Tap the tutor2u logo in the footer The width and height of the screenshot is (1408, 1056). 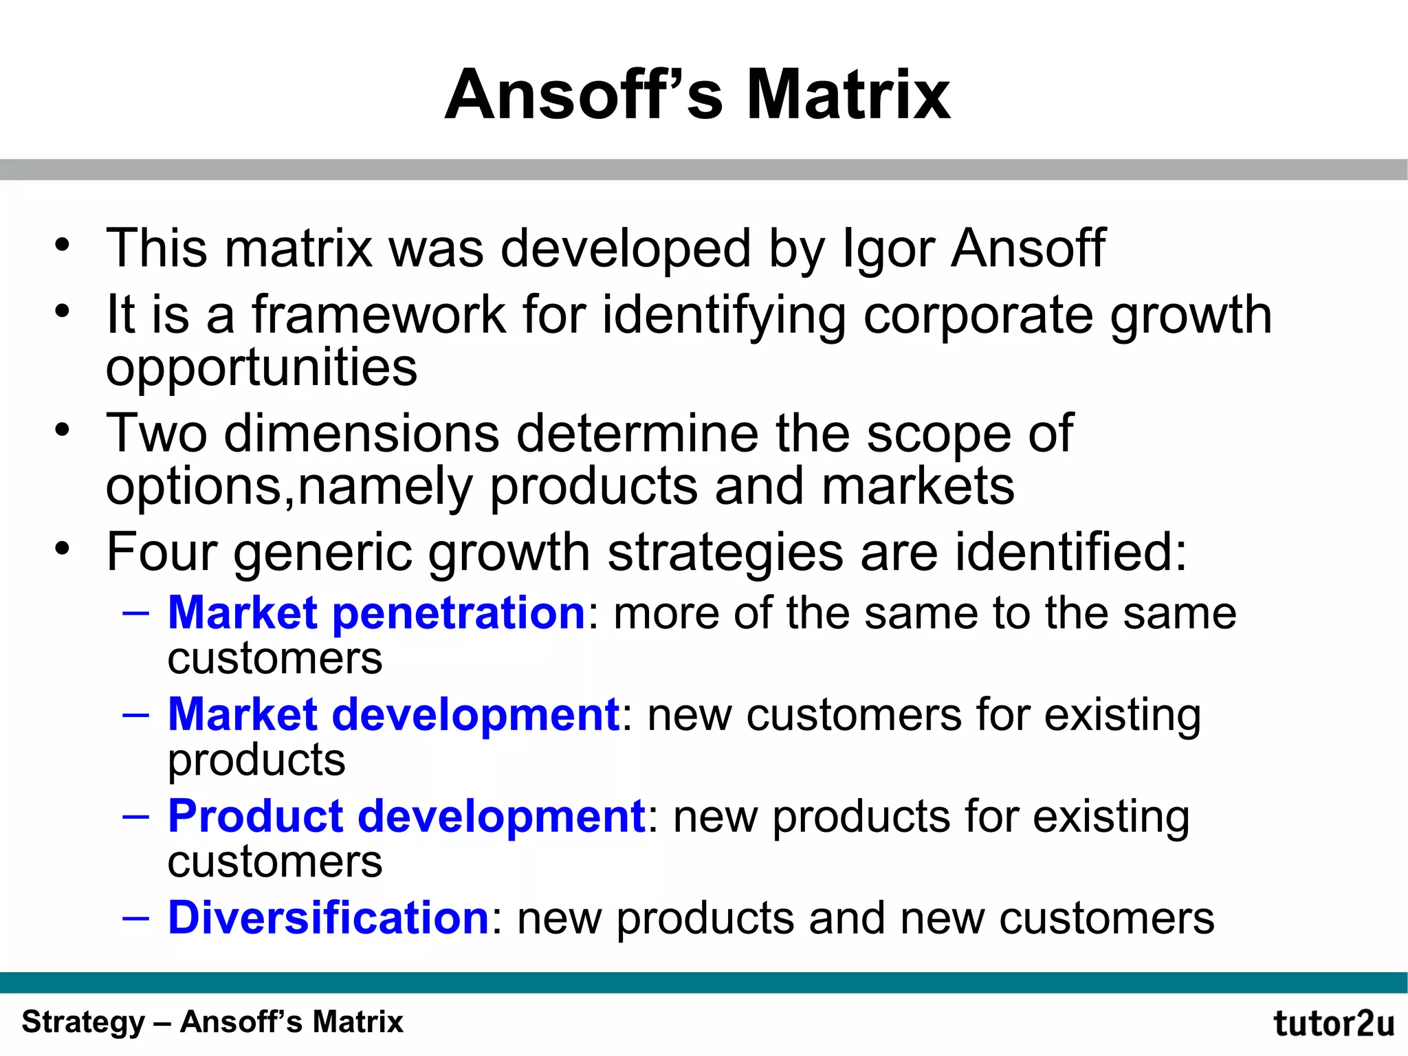coord(1334,1024)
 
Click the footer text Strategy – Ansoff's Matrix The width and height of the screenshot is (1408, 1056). coord(212,1022)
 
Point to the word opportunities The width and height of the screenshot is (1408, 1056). coord(261,368)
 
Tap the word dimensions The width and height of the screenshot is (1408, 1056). coord(361,434)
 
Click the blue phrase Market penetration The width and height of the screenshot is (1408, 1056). coord(376,613)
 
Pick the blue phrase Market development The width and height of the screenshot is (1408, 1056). coord(394,714)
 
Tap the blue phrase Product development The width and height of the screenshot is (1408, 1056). coord(406,816)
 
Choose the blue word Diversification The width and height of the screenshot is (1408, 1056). coord(328,918)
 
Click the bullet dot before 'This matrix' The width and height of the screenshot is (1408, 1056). coord(63,245)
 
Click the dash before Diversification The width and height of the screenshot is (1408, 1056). coord(135,918)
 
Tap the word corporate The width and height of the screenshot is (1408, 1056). coord(977,315)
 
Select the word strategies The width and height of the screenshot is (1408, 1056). coord(725,553)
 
